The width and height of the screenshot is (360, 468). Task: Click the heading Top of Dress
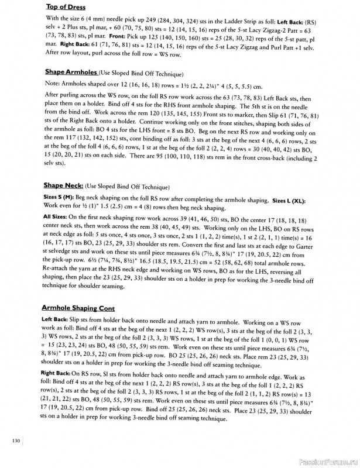pos(65,8)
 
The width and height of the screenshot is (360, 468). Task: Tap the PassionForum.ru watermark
pos(327,461)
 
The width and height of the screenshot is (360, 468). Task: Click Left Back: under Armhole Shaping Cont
pos(57,321)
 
